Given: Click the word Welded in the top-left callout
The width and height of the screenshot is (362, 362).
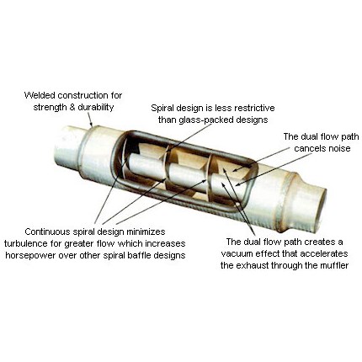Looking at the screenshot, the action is point(40,95).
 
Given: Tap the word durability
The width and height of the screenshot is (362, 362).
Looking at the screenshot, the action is point(95,107).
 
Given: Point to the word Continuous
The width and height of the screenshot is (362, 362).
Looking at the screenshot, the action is point(47,232).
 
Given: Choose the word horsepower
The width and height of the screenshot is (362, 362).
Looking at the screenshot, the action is point(28,255).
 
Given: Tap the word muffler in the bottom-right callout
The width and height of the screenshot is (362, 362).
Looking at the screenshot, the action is point(333,265).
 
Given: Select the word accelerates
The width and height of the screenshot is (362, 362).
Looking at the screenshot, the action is point(325,253).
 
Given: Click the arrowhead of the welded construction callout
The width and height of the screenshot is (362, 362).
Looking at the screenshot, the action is point(91,124).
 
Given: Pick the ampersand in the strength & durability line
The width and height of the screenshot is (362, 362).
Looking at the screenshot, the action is point(72,108).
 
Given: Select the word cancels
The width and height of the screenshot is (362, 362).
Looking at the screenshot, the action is point(308,148).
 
